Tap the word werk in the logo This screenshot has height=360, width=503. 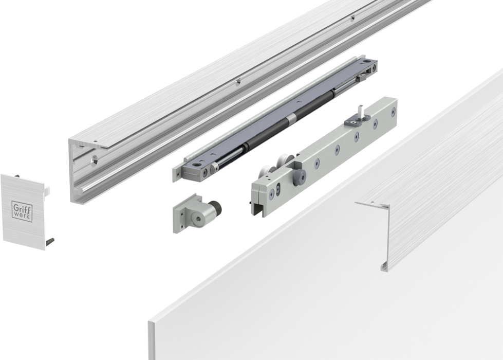[23, 215]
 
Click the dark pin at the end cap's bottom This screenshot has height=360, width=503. [51, 242]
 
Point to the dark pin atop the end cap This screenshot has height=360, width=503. [17, 176]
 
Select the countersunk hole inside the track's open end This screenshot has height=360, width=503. [95, 159]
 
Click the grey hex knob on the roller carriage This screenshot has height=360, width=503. [301, 176]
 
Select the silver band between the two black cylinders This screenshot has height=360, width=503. [292, 118]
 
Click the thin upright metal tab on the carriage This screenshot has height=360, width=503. [361, 111]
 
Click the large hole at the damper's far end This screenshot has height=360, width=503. [367, 61]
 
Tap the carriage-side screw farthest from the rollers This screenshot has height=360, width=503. [393, 112]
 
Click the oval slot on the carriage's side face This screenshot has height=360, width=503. [278, 189]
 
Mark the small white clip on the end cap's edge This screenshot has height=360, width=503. [47, 190]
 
